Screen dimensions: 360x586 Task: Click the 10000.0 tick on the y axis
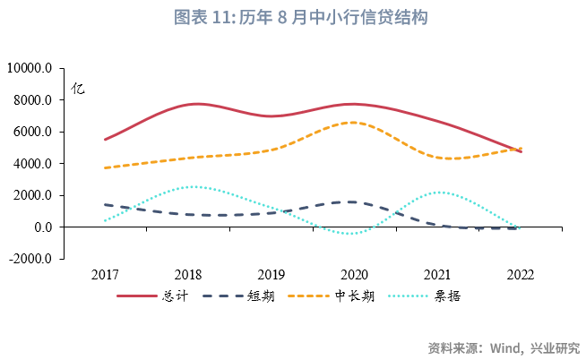30,68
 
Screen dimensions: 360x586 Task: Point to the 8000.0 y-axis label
33,100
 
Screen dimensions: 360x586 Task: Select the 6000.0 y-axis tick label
33,132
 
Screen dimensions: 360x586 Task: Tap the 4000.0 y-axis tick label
33,164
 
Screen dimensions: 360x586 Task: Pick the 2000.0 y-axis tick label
33,195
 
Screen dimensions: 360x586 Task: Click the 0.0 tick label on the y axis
41,227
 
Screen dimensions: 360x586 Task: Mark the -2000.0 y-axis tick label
31,259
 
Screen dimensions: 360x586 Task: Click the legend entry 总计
175,296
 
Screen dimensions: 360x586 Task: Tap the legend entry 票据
448,296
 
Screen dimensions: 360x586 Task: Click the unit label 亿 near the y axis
78,89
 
